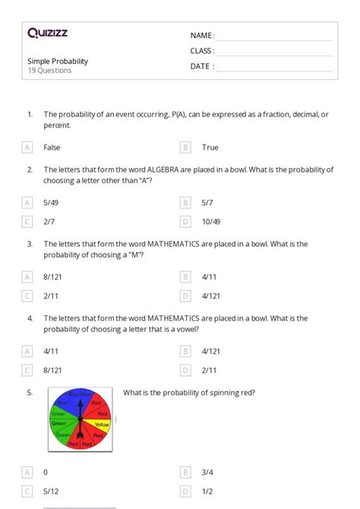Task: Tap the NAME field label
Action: point(202,36)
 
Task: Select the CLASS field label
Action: point(202,51)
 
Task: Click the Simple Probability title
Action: point(58,61)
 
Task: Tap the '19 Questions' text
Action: point(49,71)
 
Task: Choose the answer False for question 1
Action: point(52,147)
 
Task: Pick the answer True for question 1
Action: point(210,147)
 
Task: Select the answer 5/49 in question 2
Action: point(52,203)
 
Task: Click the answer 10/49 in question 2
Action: point(211,221)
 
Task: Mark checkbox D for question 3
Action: point(185,296)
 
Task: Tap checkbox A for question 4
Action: point(27,351)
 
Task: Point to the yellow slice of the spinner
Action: point(102,425)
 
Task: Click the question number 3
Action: point(30,244)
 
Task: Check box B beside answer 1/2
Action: point(185,491)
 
